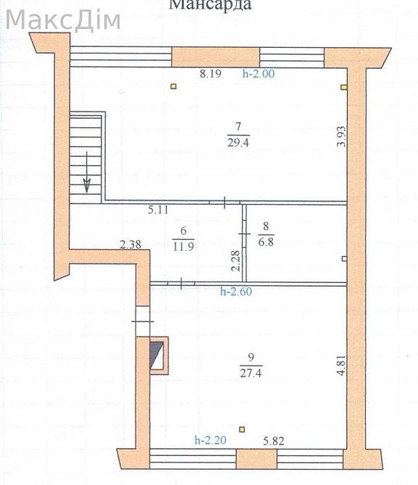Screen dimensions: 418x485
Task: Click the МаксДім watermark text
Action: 63,20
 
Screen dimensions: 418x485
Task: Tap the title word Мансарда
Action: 210,4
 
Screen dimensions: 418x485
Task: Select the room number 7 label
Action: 238,127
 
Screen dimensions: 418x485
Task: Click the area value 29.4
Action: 238,143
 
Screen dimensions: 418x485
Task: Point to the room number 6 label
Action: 183,231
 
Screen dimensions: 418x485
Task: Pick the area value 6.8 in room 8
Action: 266,242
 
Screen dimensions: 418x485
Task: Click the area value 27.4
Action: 251,373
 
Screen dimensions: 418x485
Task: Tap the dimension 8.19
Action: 210,74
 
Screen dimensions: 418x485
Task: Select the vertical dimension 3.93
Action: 341,136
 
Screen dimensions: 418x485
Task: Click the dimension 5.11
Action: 158,210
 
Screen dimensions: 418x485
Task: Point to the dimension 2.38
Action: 130,245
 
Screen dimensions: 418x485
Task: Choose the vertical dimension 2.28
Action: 235,261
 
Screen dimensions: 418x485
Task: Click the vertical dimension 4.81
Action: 341,366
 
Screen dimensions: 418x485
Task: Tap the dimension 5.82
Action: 274,441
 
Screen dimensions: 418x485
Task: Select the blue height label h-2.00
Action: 259,74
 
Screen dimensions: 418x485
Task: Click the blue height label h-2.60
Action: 236,292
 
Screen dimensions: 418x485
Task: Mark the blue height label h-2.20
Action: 210,440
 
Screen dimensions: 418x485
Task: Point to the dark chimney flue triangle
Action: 156,355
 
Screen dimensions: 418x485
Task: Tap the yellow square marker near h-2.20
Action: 242,429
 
